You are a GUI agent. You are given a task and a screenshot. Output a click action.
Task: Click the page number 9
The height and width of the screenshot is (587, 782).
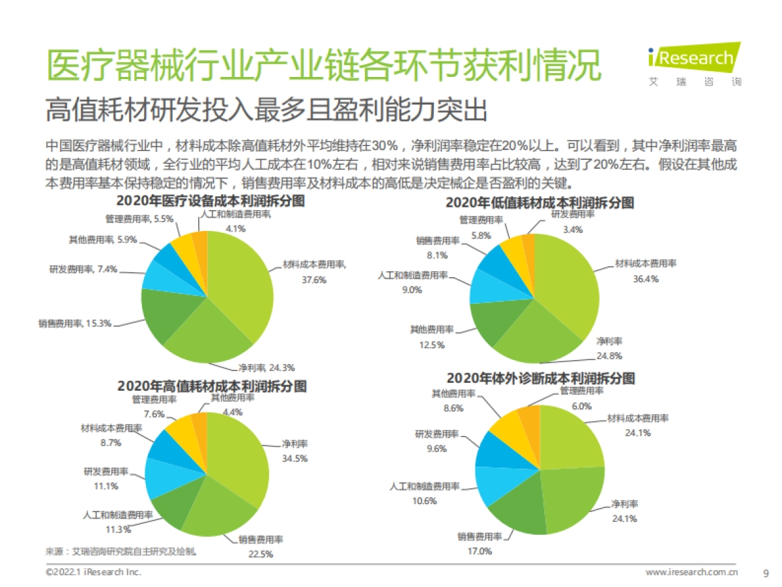(766, 573)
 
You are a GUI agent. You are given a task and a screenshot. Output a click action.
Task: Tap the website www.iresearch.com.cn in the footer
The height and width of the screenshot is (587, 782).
(691, 573)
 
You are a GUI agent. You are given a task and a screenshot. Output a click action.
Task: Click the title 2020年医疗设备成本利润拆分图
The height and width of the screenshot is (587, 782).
(210, 202)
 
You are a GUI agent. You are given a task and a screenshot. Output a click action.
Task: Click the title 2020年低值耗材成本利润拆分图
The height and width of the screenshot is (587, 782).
(540, 202)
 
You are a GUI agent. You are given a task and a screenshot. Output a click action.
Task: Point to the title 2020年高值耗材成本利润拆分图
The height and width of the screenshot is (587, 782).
(212, 385)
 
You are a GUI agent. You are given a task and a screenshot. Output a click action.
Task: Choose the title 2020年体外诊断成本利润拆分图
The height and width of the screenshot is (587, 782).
(540, 378)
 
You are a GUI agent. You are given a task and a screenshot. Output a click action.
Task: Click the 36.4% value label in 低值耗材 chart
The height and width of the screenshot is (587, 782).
(646, 278)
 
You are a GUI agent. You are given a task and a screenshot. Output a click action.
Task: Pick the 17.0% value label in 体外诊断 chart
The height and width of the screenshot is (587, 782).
(480, 551)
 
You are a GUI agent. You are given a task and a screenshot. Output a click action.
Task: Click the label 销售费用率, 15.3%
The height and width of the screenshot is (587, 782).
(74, 323)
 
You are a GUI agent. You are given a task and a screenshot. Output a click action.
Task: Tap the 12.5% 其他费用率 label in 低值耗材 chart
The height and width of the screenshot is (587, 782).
(431, 344)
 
